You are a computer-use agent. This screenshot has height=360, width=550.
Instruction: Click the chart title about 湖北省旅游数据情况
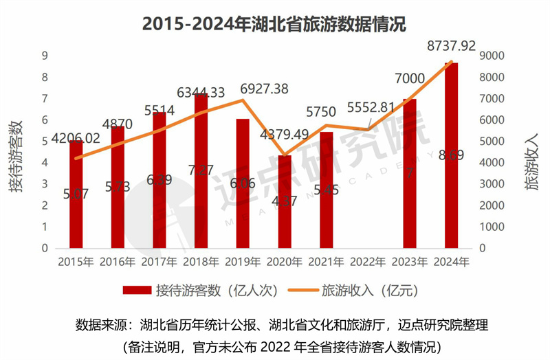tap(274, 24)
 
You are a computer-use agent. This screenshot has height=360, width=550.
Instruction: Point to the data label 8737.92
tap(451, 46)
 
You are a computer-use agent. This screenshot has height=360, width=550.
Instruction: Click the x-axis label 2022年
tap(368, 262)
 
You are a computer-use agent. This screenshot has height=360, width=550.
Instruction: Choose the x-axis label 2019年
tap(243, 262)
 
